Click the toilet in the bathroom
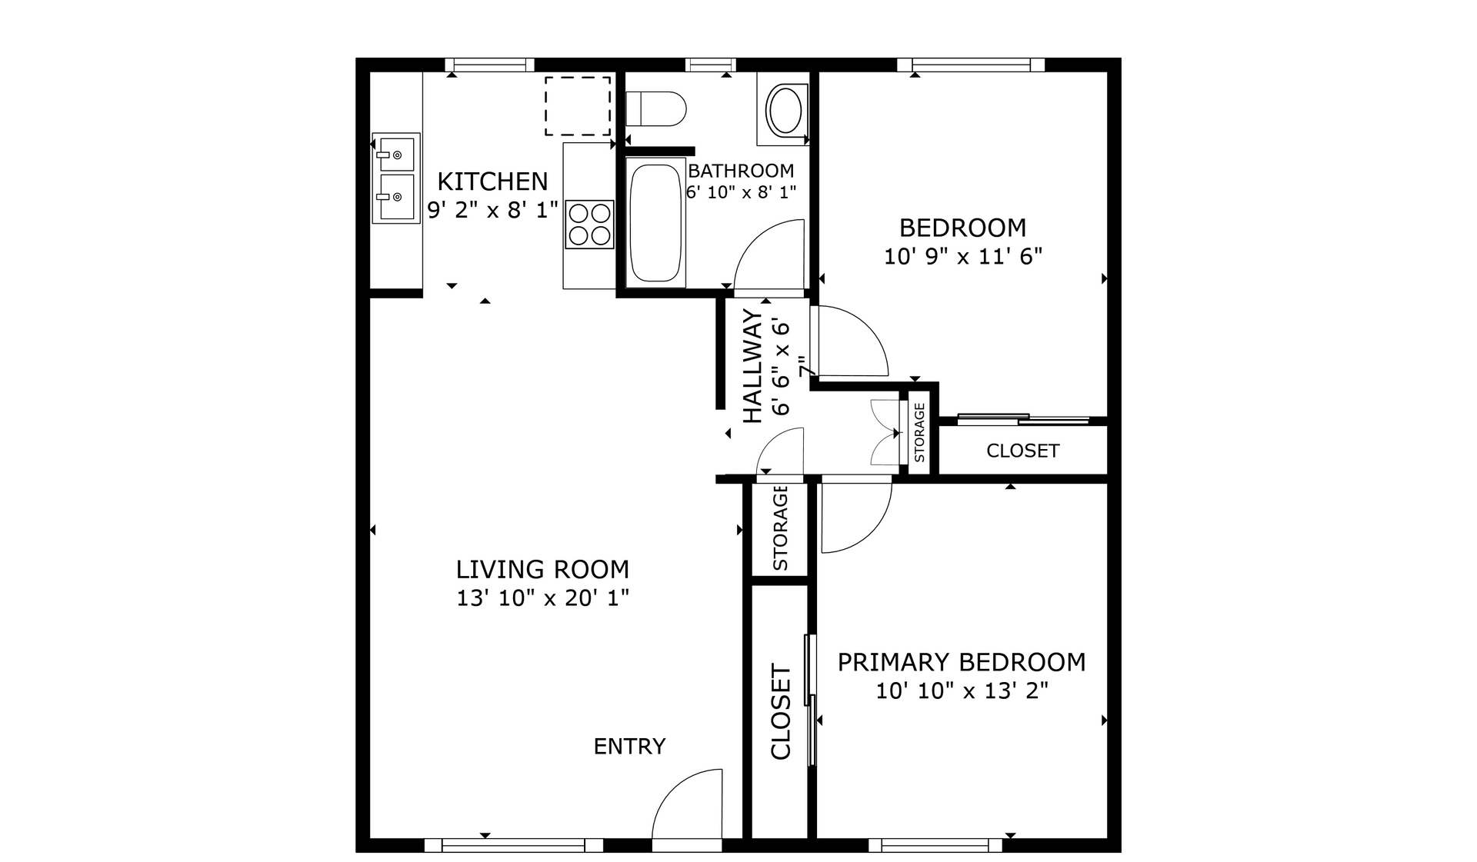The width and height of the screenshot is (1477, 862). pyautogui.click(x=655, y=108)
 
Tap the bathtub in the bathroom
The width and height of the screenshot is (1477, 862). pyautogui.click(x=656, y=223)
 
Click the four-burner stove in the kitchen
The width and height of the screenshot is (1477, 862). pyautogui.click(x=590, y=224)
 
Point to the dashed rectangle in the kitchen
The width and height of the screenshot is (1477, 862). pyautogui.click(x=578, y=105)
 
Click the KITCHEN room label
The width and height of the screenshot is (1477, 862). pyautogui.click(x=492, y=181)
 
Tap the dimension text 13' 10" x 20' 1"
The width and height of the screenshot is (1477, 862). pyautogui.click(x=542, y=597)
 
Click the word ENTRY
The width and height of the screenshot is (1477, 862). pyautogui.click(x=629, y=746)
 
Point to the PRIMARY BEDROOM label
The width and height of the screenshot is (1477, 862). pyautogui.click(x=961, y=662)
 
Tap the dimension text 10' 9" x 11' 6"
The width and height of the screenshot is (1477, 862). pyautogui.click(x=962, y=256)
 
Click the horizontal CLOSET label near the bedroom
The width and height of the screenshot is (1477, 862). pyautogui.click(x=1022, y=451)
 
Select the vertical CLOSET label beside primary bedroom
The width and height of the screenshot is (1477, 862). pyautogui.click(x=781, y=712)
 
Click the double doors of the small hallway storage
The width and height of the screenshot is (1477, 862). pyautogui.click(x=885, y=434)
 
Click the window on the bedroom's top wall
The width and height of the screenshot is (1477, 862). pyautogui.click(x=971, y=65)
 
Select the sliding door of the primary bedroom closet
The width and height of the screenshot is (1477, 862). pyautogui.click(x=809, y=700)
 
